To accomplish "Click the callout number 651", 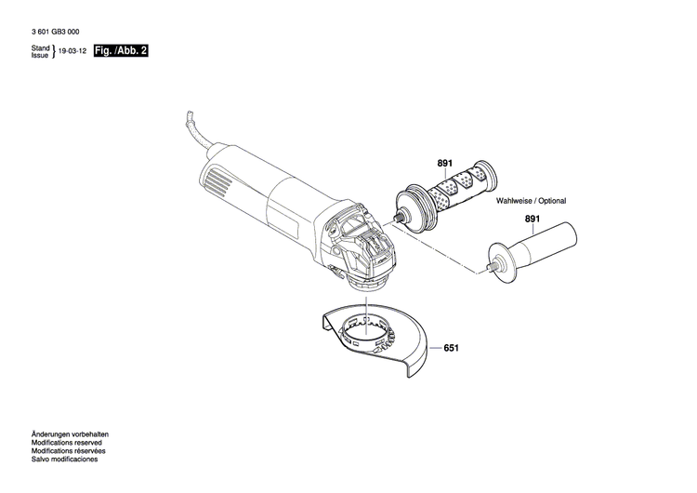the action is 452,349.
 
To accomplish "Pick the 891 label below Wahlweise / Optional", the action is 532,220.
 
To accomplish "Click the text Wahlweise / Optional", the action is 531,201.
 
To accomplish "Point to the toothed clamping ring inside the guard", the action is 366,331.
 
